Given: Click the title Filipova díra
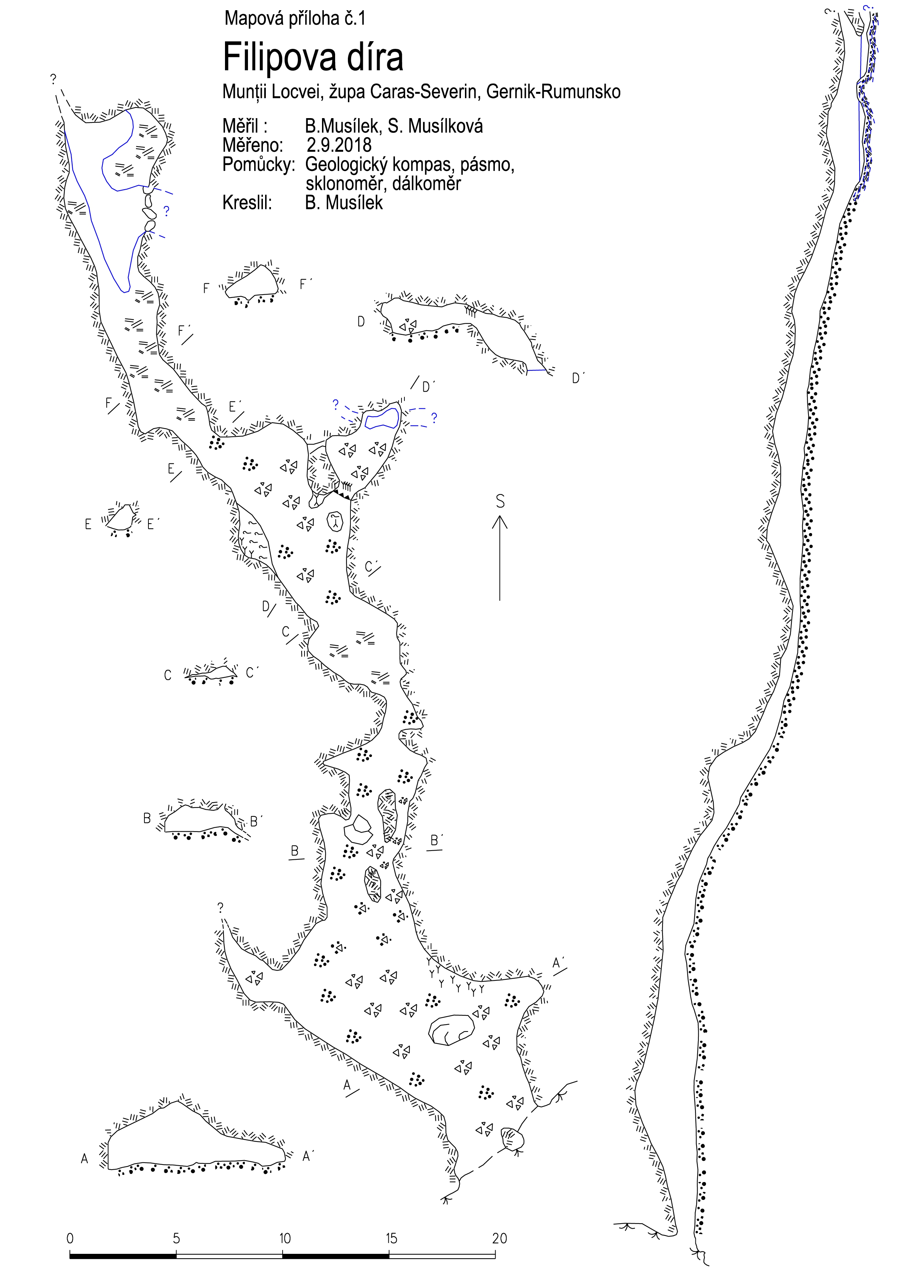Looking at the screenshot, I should pyautogui.click(x=313, y=57).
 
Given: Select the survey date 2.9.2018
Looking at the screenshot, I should pyautogui.click(x=339, y=145).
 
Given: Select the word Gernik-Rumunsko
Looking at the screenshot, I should pyautogui.click(x=553, y=92).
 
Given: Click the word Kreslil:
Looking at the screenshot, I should pyautogui.click(x=247, y=203).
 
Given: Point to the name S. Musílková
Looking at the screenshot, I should pyautogui.click(x=435, y=127).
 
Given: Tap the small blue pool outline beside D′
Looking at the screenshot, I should pyautogui.click(x=382, y=418).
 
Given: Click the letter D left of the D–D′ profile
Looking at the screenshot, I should pyautogui.click(x=361, y=322).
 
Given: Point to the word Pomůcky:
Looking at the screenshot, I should pyautogui.click(x=258, y=165).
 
